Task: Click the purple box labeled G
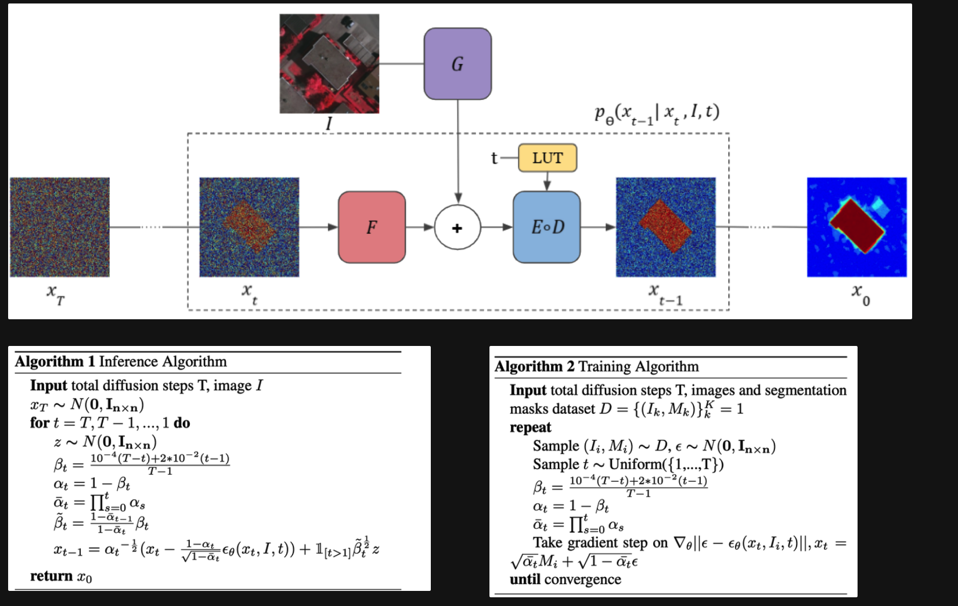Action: click(x=458, y=64)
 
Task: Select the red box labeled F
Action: click(x=372, y=227)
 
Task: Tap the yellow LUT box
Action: click(x=547, y=158)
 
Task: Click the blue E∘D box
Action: click(x=547, y=227)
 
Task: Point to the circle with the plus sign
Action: click(x=458, y=228)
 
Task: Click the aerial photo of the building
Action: click(x=329, y=64)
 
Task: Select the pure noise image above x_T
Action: click(x=60, y=227)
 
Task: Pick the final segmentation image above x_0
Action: click(x=856, y=227)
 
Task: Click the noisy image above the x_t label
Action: click(x=249, y=227)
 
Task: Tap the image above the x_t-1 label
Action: click(x=665, y=227)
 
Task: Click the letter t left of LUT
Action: click(x=494, y=158)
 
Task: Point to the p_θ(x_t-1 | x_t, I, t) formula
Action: click(x=657, y=113)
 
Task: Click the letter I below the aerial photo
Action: click(x=329, y=123)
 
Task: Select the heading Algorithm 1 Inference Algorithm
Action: click(x=121, y=362)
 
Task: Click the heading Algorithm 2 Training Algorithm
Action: click(x=597, y=366)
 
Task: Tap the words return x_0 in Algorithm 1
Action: click(x=61, y=576)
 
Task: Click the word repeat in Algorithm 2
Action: click(x=530, y=427)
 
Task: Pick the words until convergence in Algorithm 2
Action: click(x=565, y=579)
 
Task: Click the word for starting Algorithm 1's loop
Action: click(x=39, y=423)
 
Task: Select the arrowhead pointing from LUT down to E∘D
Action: click(x=547, y=186)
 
